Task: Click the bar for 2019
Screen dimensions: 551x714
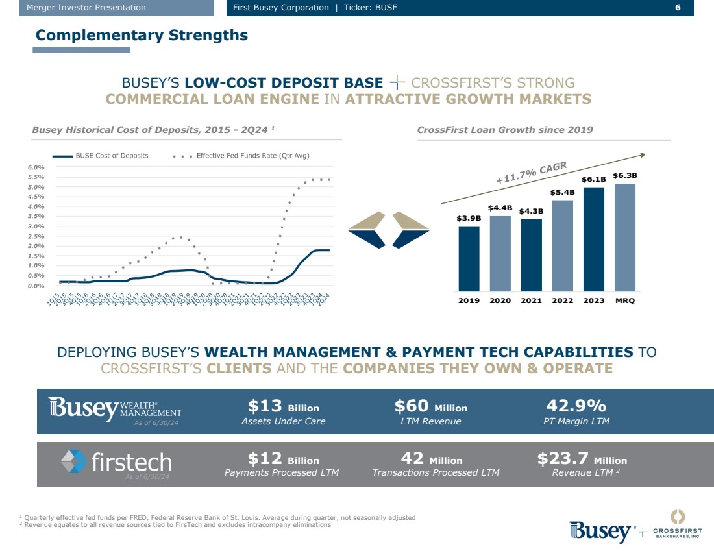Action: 469,258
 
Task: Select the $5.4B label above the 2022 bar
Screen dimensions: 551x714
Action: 562,193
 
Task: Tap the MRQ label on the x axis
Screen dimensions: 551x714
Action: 625,300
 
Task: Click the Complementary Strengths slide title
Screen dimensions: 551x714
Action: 142,35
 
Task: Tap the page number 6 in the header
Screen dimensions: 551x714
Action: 678,8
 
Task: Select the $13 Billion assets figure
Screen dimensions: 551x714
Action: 284,407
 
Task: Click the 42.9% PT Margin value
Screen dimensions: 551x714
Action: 576,406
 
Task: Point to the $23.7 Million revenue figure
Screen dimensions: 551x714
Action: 582,459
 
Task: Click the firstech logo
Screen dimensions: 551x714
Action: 116,462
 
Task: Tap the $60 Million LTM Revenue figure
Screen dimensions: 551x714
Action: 430,407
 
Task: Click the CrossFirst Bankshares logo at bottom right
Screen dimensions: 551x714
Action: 677,525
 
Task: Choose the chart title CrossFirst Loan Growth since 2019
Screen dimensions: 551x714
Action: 505,130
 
